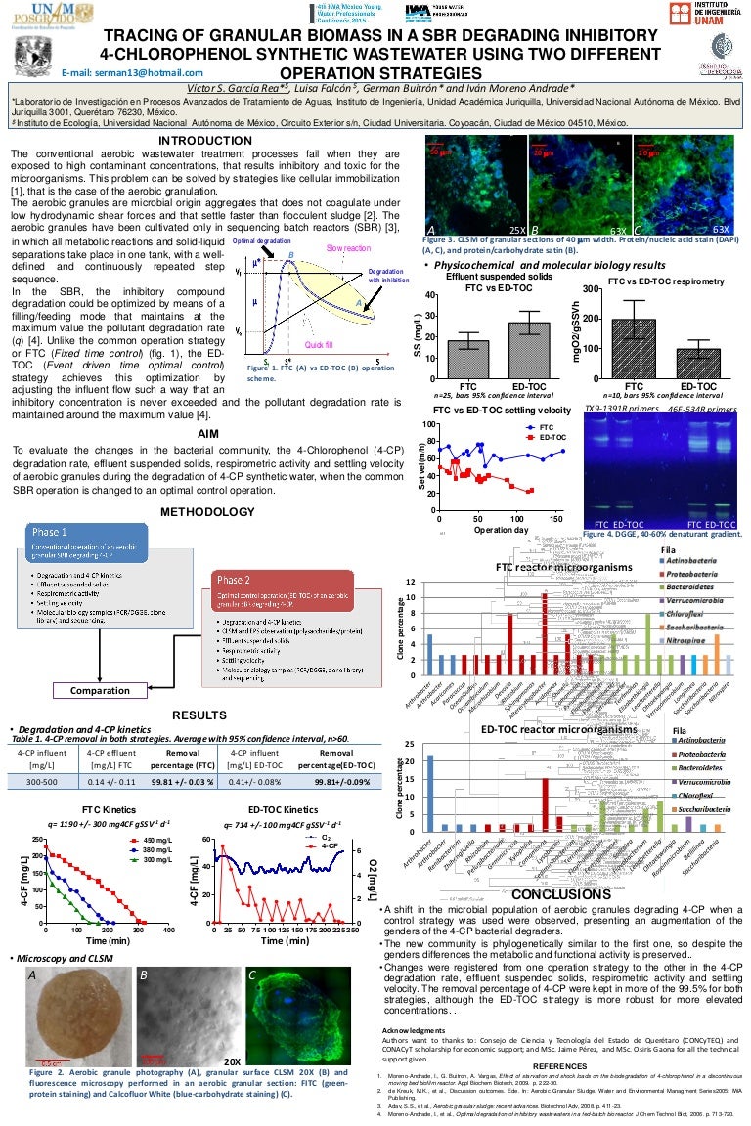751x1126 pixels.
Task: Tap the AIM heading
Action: pos(206,432)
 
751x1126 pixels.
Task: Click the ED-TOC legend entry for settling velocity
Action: pos(550,437)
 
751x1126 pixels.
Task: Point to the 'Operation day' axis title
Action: pos(501,529)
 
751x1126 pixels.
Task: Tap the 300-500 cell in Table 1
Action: pos(39,782)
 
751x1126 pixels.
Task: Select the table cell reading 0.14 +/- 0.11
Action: pos(110,782)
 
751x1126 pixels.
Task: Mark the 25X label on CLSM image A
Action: pos(517,228)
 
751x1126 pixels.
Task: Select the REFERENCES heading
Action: pos(560,1065)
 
